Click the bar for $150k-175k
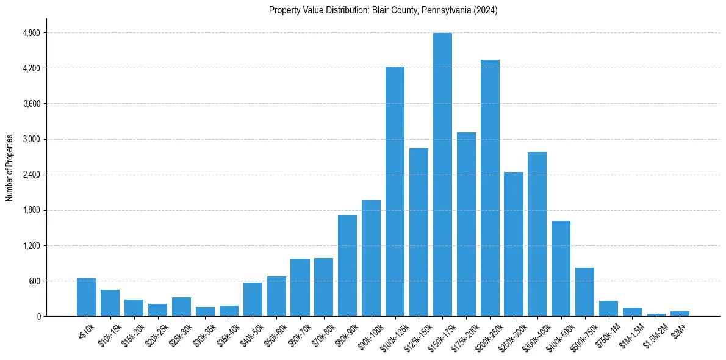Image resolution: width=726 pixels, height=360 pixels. (x=442, y=175)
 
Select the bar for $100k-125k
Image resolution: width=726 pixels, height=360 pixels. (x=395, y=192)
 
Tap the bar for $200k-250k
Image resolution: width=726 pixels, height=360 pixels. (x=490, y=188)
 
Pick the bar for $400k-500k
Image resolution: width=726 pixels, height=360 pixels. (x=561, y=268)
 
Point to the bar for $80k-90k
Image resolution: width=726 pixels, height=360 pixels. (x=347, y=265)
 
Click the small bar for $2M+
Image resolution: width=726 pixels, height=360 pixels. (x=680, y=314)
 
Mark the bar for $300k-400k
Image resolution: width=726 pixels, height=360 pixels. (x=537, y=234)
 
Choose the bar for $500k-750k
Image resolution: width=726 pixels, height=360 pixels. (x=584, y=292)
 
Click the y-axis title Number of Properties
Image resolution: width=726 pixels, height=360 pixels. (x=10, y=168)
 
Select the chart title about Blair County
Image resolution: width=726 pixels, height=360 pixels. (x=383, y=10)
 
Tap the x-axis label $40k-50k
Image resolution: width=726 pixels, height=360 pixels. (x=250, y=334)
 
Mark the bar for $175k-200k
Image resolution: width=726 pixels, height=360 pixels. (x=466, y=225)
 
